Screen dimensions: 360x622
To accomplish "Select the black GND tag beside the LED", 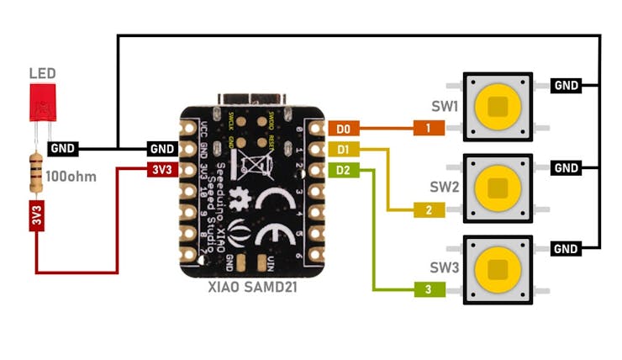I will (63, 149).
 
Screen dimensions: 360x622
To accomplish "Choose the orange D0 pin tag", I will (342, 129).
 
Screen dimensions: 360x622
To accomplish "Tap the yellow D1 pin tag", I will (342, 150).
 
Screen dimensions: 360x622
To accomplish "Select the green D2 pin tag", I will (342, 170).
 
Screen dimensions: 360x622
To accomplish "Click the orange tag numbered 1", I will (428, 129).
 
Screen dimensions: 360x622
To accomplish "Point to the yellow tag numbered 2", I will (428, 209).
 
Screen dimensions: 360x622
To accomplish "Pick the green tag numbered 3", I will (428, 289).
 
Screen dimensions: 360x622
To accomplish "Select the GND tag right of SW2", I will (567, 168).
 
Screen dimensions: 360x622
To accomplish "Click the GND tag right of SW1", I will (567, 85).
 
